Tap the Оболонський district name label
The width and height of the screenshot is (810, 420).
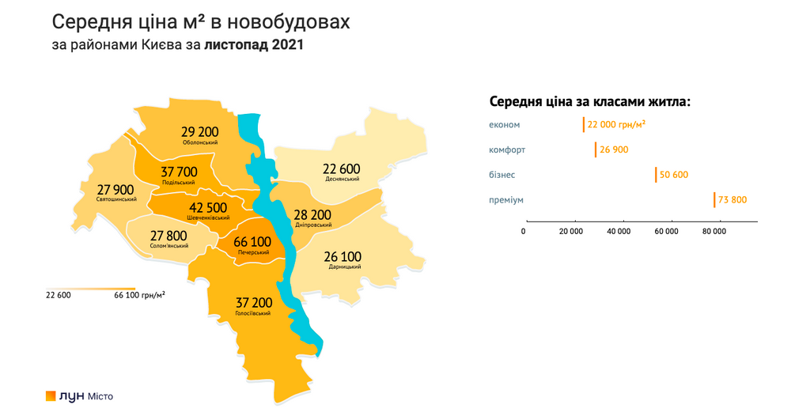pyautogui.click(x=199, y=142)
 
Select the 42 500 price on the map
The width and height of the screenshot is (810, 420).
pyautogui.click(x=209, y=207)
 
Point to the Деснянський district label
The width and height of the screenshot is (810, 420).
pyautogui.click(x=342, y=179)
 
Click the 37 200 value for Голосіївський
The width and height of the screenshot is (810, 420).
pyautogui.click(x=253, y=302)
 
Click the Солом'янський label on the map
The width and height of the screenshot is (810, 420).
pyautogui.click(x=168, y=246)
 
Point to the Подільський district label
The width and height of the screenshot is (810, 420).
pyautogui.click(x=178, y=182)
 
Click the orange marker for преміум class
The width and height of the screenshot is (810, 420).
pyautogui.click(x=714, y=200)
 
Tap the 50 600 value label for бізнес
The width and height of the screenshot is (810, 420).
pyautogui.click(x=674, y=175)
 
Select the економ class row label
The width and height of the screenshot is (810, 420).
pyautogui.click(x=505, y=124)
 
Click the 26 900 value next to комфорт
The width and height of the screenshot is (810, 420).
pyautogui.click(x=614, y=149)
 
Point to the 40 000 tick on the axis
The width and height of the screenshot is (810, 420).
pyautogui.click(x=619, y=231)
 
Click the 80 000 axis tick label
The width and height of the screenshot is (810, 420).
pyautogui.click(x=714, y=231)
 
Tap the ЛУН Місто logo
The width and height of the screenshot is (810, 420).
pyautogui.click(x=79, y=395)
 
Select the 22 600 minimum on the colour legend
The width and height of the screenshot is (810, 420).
pyautogui.click(x=59, y=295)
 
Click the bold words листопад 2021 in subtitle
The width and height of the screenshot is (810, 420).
pyautogui.click(x=253, y=45)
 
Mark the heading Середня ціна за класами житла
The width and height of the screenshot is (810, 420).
pyautogui.click(x=590, y=101)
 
